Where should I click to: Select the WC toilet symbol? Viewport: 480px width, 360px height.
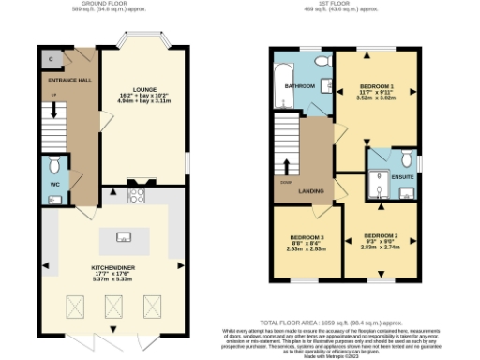point(54,166)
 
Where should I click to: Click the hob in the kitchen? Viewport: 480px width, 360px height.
point(134,196)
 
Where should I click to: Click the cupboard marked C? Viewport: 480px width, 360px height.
point(49,58)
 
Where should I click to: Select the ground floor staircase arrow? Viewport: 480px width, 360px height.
point(53,109)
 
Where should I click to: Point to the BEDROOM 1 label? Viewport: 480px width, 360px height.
point(376,86)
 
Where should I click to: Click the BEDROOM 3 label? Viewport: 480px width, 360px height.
point(307,237)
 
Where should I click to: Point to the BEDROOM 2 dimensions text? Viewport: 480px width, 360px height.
point(381,246)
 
